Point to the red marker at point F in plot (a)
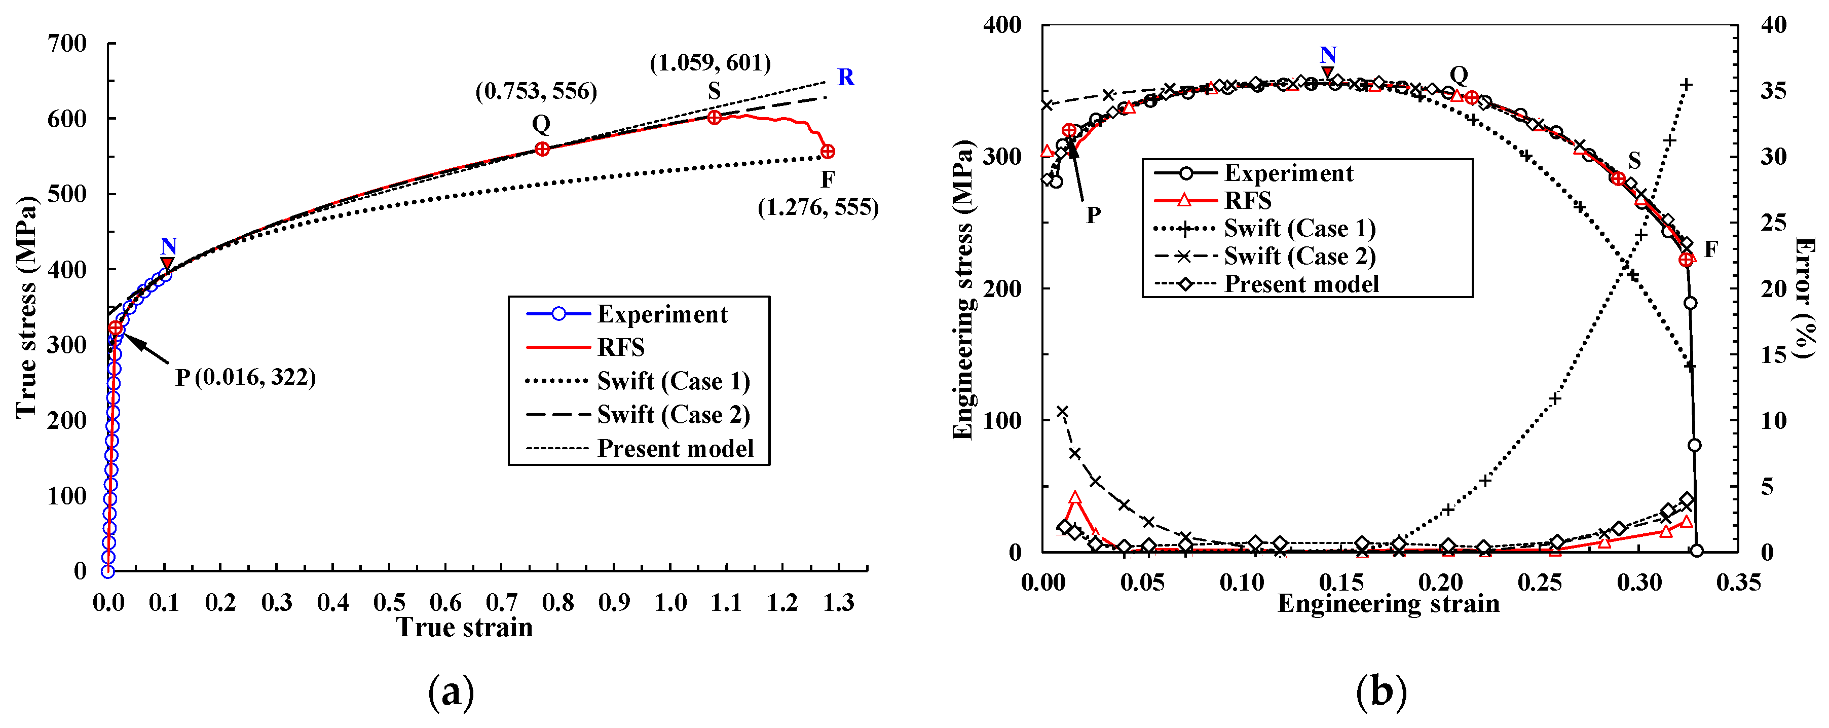point(827,151)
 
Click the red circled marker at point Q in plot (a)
point(542,149)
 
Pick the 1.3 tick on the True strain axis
point(839,602)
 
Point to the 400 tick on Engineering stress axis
point(1002,25)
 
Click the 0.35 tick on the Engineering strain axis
point(1738,583)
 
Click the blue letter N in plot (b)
point(1328,55)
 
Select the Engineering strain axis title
point(1388,604)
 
